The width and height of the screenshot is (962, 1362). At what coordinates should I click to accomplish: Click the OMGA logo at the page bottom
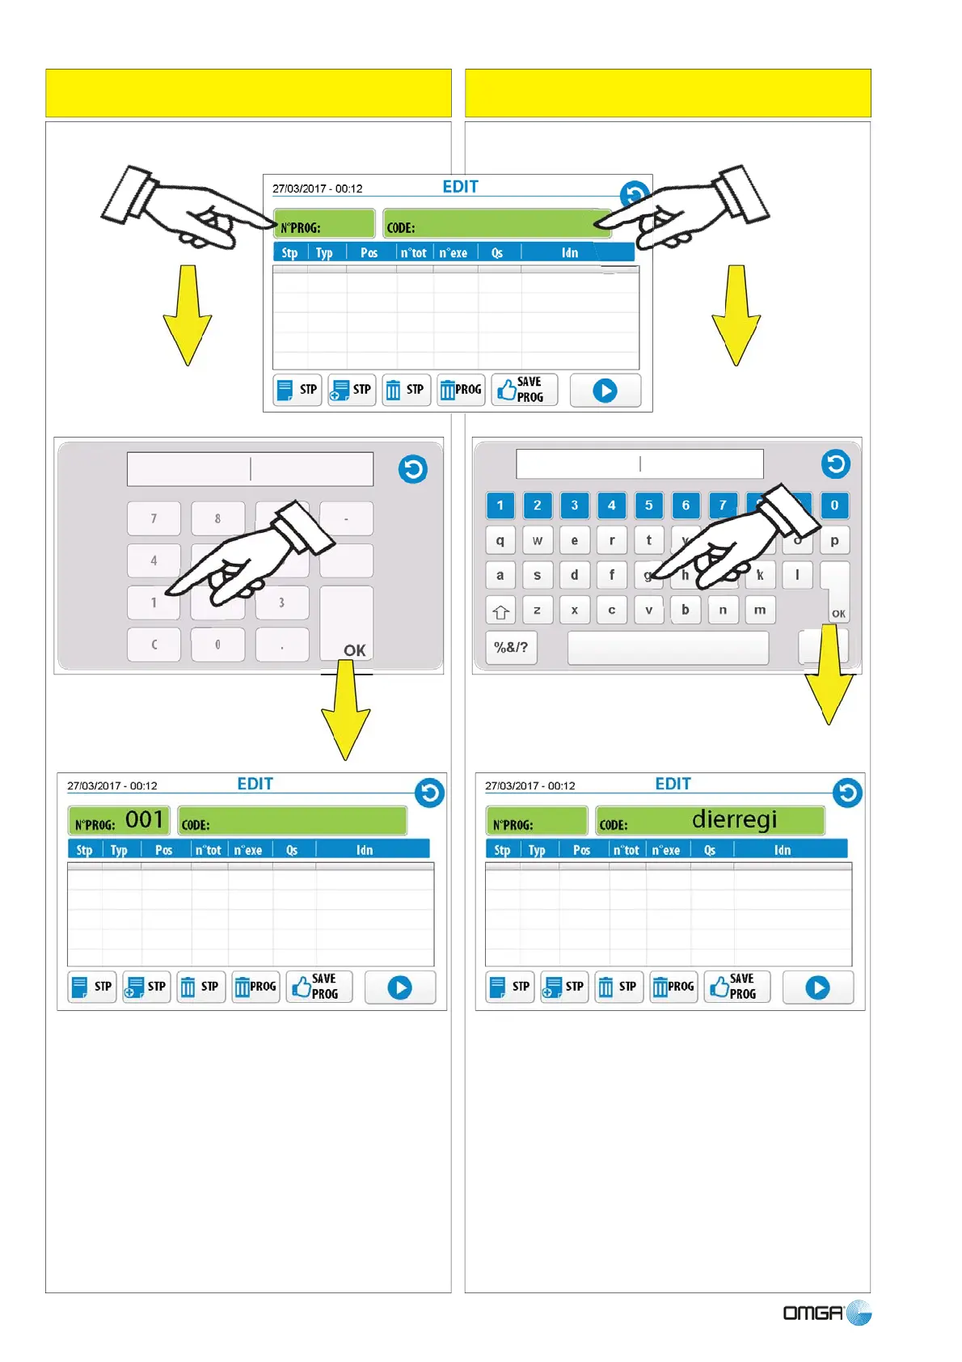[826, 1312]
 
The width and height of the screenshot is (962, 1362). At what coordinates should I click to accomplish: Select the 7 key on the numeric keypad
[154, 518]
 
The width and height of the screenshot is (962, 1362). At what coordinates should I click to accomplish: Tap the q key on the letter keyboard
[500, 540]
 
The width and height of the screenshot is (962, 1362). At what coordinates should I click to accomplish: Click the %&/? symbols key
[511, 647]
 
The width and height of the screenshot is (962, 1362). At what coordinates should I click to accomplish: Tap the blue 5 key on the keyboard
[648, 505]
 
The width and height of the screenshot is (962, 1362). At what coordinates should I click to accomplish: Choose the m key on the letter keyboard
[760, 610]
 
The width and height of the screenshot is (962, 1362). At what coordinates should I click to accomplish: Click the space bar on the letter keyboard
[668, 648]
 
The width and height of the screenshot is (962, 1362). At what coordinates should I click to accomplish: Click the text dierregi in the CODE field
[734, 819]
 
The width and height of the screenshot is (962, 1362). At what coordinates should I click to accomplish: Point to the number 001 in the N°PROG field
[145, 819]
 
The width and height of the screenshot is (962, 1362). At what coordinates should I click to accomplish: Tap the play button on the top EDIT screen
[605, 391]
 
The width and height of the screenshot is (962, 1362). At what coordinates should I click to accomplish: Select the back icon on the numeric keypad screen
[413, 469]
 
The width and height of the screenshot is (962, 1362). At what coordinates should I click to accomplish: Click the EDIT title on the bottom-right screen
[673, 784]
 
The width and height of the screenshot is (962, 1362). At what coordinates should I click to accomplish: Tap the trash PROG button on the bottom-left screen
[255, 987]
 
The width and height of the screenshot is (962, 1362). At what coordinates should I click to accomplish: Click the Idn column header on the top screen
[570, 252]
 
